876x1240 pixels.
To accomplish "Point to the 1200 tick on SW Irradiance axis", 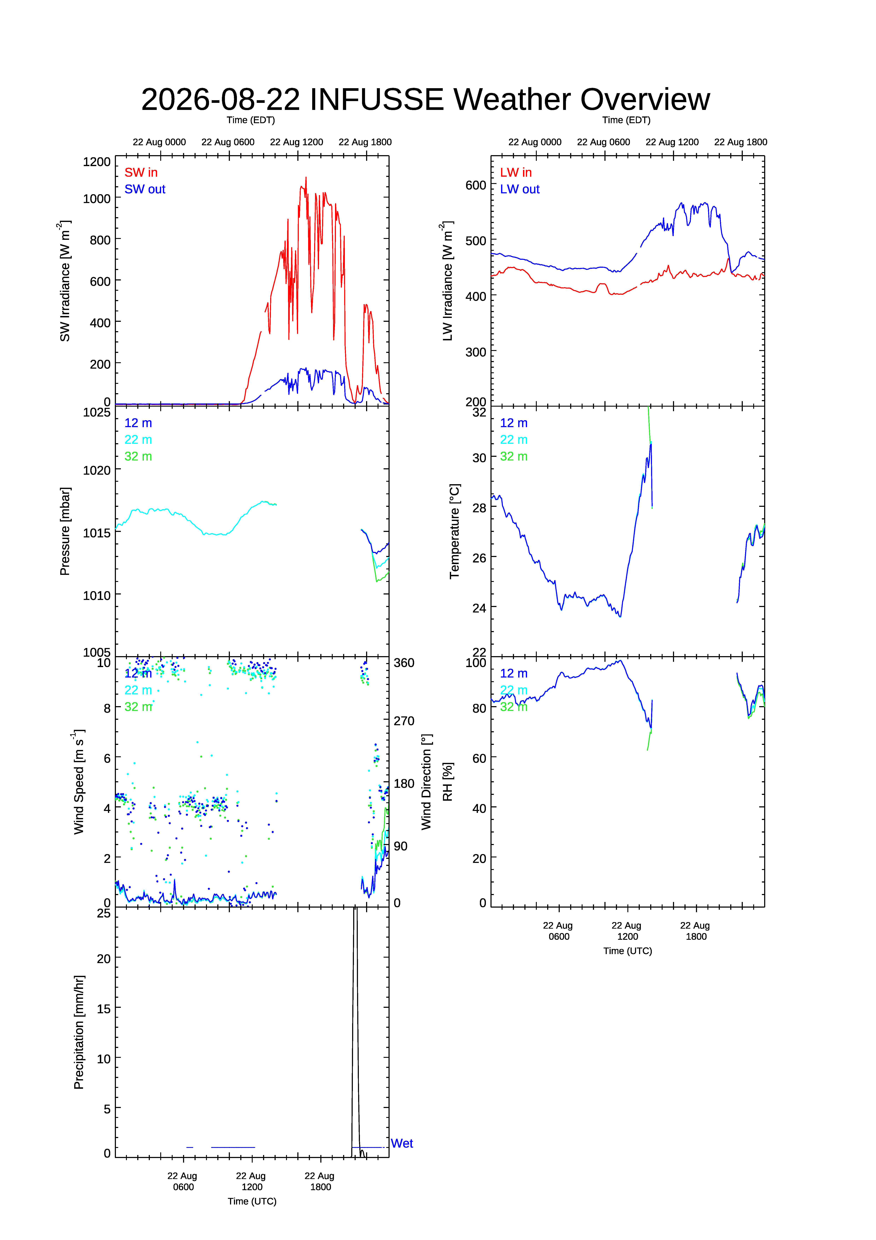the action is pos(97,162).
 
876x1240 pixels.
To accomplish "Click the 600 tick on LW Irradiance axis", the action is pos(476,185).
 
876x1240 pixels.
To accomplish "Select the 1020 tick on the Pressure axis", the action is pos(97,470).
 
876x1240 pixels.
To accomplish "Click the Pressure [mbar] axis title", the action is pos(65,531).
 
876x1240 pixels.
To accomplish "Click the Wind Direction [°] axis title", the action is pos(427,781).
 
